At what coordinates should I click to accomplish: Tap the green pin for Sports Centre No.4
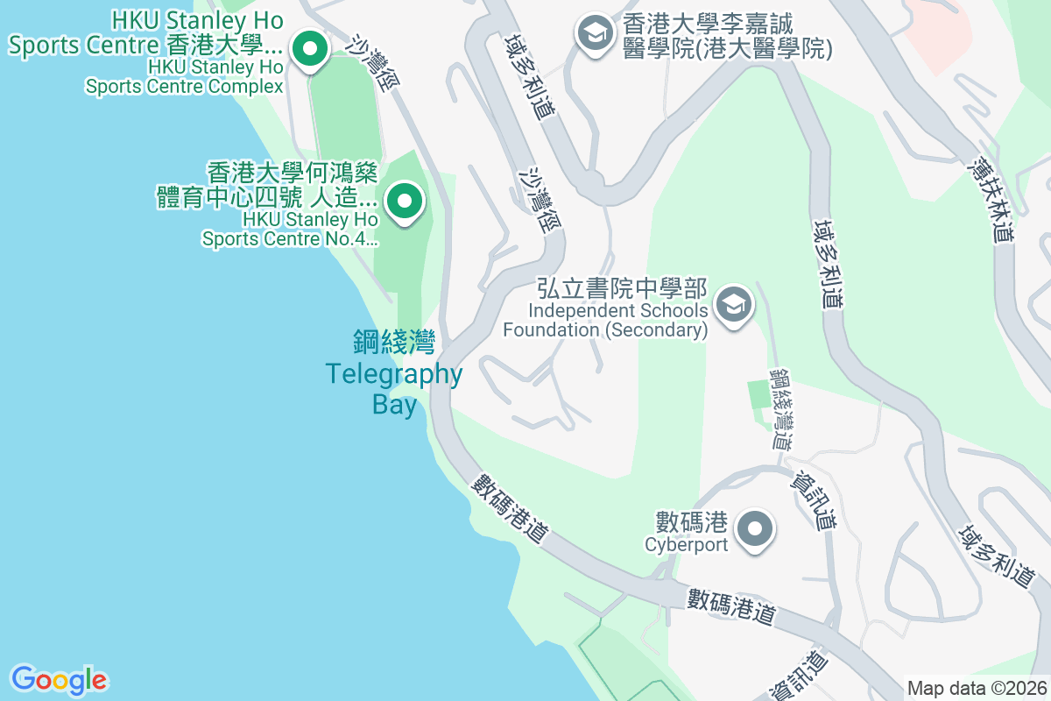404,202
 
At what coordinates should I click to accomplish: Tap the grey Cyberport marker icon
754,529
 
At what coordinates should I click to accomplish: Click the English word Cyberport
687,545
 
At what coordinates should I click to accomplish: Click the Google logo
59,679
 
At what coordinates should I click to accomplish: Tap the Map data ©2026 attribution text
976,689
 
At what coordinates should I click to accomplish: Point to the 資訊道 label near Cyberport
814,499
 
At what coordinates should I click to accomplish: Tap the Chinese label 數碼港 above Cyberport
692,523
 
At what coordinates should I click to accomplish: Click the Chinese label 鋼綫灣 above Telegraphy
394,342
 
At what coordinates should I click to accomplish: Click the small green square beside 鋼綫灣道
758,394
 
